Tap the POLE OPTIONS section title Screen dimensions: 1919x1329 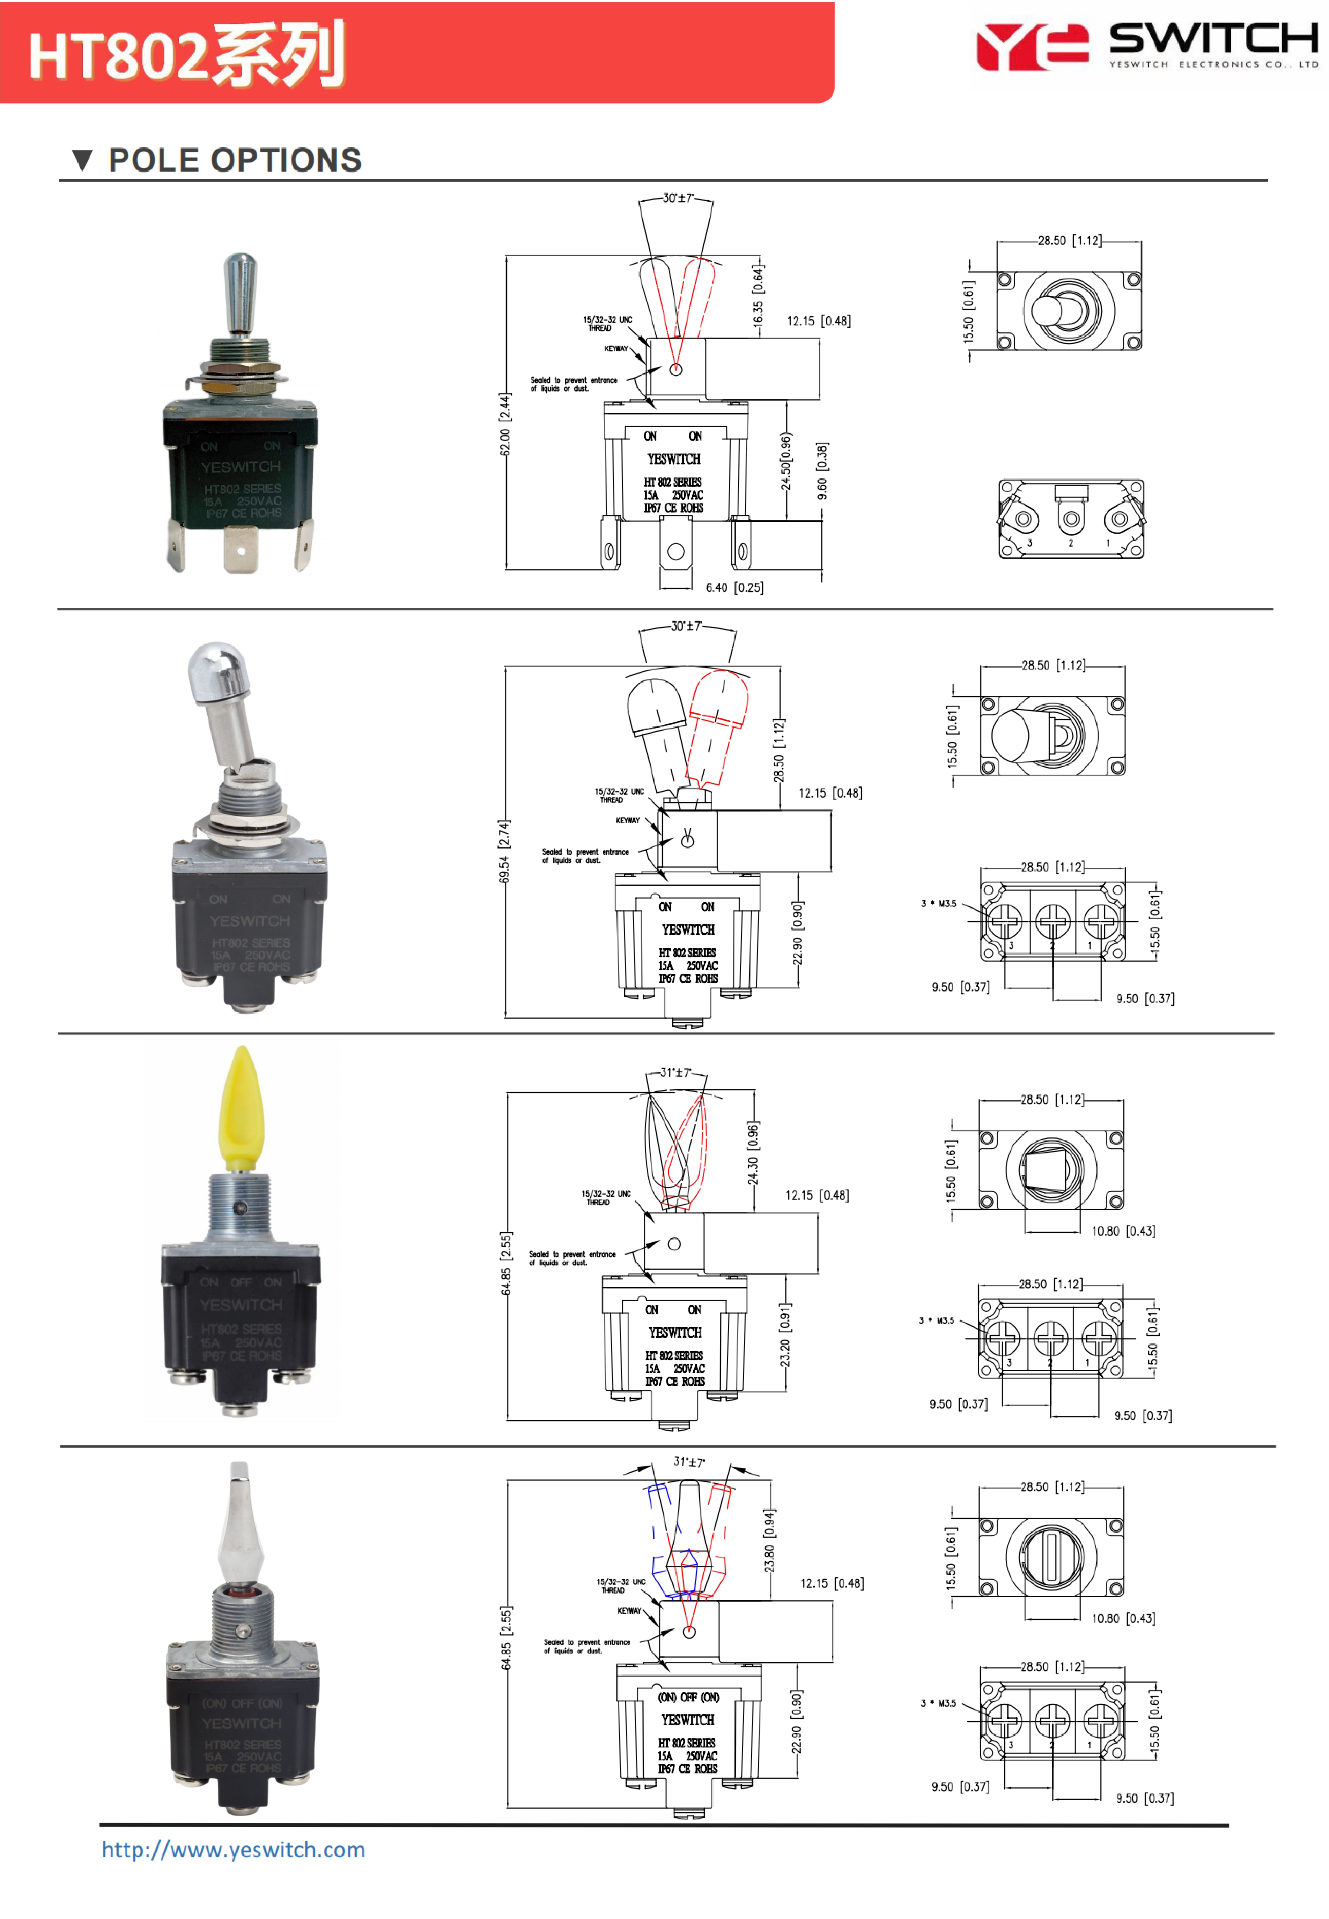(x=235, y=160)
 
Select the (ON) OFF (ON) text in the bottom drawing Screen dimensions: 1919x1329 (x=688, y=1697)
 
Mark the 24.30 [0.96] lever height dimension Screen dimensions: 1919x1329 (x=753, y=1153)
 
